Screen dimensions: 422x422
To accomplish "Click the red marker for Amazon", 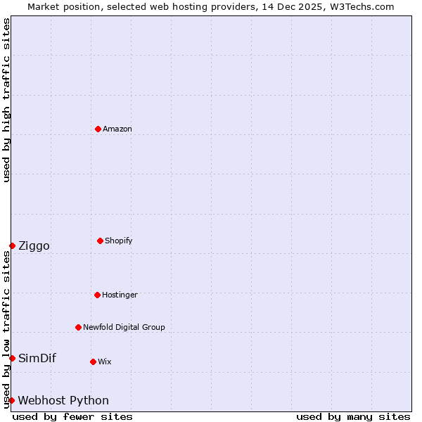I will [98, 129].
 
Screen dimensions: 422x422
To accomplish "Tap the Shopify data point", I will [100, 241].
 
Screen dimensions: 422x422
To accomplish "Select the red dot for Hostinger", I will [97, 295].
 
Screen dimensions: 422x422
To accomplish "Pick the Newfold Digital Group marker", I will [78, 327].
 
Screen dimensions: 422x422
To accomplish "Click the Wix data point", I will [93, 362].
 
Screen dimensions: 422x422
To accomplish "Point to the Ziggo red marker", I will [12, 245].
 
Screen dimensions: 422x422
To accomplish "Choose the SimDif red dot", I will [12, 358].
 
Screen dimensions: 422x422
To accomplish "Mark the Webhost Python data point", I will [11, 400].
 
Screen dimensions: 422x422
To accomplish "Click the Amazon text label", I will [117, 129].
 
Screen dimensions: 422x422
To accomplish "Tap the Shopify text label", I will [118, 241].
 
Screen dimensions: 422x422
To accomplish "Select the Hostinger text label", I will [120, 295].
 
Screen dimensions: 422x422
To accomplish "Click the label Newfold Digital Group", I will [124, 327].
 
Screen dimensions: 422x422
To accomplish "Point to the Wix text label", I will [104, 362].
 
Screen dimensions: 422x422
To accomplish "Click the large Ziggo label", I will [34, 245].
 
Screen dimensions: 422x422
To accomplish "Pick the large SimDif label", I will [37, 358].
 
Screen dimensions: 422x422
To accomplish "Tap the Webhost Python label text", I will [63, 400].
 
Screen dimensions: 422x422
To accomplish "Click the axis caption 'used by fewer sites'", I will [72, 416].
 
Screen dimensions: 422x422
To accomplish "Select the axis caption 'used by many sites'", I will [353, 416].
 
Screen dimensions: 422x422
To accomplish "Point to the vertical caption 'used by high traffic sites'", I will [6, 100].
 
